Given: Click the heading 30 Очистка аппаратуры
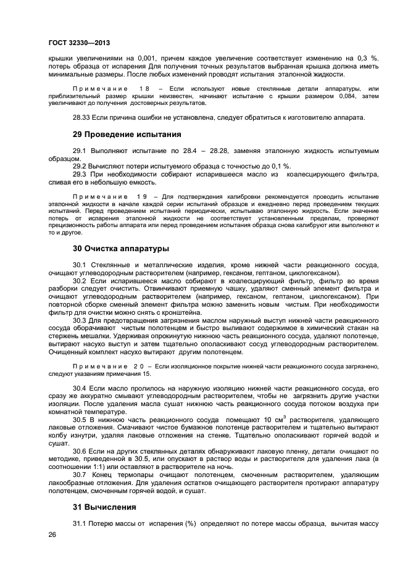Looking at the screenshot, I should tap(121, 249).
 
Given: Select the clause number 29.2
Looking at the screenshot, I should tap(80, 167).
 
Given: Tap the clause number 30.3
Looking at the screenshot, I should tap(80, 321).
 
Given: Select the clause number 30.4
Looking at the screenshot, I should tap(80, 388).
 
